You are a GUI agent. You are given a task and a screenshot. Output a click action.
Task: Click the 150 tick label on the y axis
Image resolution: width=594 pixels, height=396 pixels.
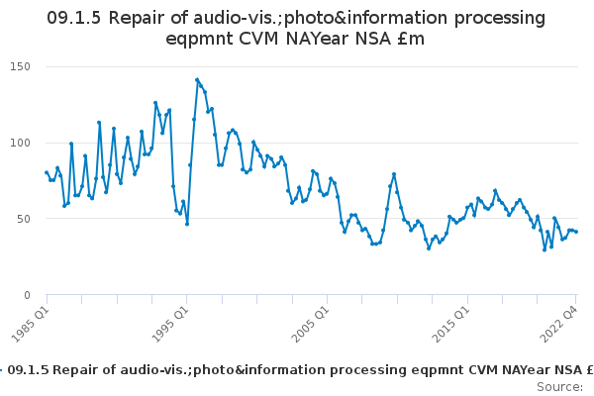20,66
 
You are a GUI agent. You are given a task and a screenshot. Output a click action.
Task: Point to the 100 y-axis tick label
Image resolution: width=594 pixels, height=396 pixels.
20,143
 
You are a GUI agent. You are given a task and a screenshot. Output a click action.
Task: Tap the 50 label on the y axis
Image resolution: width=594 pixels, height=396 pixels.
24,219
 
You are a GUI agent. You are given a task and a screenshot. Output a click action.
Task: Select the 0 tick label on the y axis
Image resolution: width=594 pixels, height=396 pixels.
27,295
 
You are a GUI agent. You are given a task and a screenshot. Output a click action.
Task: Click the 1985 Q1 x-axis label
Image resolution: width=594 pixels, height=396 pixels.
31,325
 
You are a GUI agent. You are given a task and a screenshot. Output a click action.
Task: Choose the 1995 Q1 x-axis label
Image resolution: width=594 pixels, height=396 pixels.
170,325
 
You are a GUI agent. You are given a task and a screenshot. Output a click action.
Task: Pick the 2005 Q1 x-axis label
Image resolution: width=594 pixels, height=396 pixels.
311,325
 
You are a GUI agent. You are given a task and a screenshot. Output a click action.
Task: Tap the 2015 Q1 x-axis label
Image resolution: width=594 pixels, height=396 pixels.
451,325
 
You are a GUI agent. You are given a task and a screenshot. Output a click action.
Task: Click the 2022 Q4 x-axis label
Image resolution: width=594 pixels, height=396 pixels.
558,325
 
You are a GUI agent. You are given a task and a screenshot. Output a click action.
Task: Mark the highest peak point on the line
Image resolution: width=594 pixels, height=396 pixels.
197,80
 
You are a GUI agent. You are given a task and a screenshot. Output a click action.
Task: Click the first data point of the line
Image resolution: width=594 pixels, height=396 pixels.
47,172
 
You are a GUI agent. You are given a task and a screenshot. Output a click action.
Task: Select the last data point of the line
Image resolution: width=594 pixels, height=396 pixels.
576,232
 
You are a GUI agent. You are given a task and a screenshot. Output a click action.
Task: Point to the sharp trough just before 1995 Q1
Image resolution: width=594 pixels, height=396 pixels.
187,224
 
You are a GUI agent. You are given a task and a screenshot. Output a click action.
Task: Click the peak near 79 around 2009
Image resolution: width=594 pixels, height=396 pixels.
394,174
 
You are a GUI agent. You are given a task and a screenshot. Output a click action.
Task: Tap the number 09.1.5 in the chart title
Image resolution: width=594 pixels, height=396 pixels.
74,18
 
